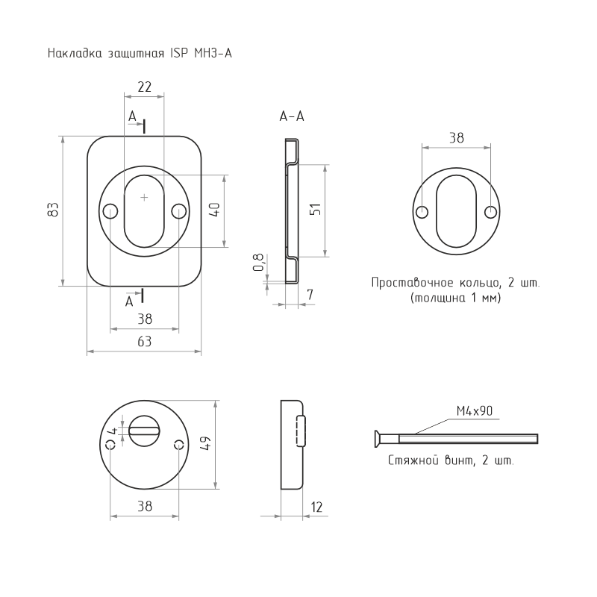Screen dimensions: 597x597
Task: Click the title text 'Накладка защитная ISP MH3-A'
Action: [140, 53]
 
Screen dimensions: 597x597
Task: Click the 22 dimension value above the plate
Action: [144, 87]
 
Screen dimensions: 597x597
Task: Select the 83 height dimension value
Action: [53, 210]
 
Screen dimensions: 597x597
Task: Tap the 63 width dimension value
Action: [144, 342]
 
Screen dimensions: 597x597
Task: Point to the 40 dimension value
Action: [215, 210]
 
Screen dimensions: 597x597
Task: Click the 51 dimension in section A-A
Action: [315, 210]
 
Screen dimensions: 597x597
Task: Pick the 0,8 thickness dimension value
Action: [258, 263]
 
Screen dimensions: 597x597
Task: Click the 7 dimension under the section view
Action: [310, 294]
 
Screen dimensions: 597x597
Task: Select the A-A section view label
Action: [292, 116]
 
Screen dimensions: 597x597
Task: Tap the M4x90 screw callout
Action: [475, 411]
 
